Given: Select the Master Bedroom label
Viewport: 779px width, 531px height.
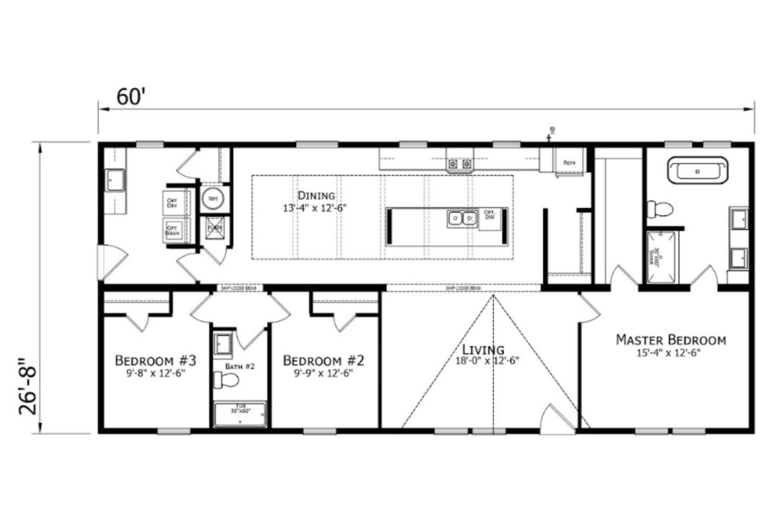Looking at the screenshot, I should [x=671, y=340].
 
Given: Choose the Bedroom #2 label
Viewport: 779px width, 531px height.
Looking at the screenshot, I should [x=324, y=360].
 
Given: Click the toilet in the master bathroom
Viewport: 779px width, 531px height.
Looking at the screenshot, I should [x=661, y=209].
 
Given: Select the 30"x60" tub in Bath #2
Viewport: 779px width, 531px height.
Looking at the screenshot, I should [x=240, y=414].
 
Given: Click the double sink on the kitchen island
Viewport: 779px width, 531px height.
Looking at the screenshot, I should [x=462, y=219].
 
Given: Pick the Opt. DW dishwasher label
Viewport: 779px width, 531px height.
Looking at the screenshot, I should [x=489, y=216].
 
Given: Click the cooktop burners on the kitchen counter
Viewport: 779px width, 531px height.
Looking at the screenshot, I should [x=459, y=164].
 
